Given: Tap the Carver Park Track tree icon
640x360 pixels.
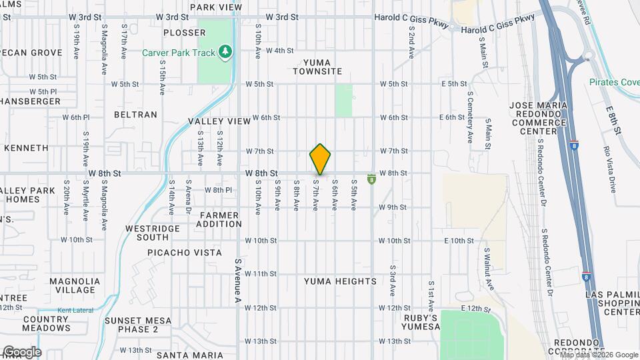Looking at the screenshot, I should (x=226, y=51).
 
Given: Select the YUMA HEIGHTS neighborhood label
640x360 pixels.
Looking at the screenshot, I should (x=340, y=281).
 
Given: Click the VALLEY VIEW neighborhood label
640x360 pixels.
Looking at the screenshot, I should (x=219, y=121).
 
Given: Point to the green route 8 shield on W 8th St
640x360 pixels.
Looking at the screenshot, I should (x=371, y=179).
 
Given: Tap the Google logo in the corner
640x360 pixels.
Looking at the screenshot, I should (x=21, y=352).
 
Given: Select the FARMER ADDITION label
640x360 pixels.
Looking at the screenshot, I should (x=219, y=219).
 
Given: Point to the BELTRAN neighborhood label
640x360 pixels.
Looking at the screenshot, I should (x=135, y=115).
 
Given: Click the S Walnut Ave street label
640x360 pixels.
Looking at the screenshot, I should (x=489, y=269).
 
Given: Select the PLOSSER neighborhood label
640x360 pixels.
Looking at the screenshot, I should (x=185, y=33).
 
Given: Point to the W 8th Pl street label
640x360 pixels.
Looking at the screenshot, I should (x=218, y=190).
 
